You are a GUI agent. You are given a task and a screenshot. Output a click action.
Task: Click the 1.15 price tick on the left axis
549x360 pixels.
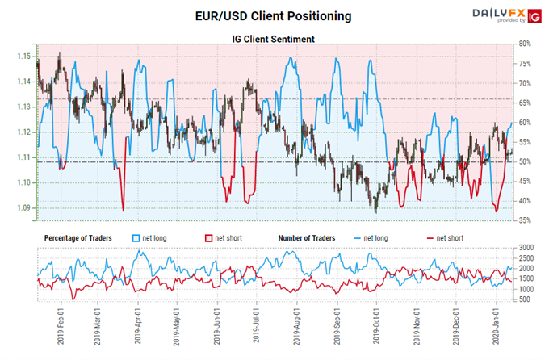point(24,57)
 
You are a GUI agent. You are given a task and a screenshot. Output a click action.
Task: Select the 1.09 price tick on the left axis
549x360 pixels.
point(24,208)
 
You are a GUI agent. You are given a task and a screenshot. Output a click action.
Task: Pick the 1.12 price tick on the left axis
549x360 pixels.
point(24,132)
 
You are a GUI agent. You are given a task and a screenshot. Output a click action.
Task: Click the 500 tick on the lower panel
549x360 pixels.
point(526,299)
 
